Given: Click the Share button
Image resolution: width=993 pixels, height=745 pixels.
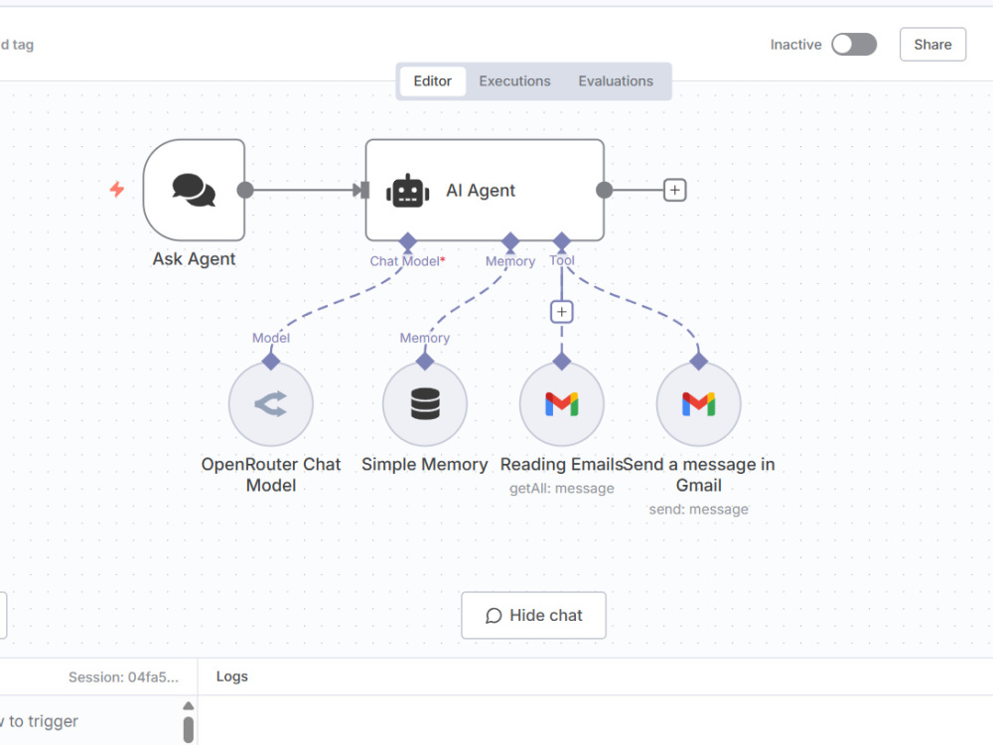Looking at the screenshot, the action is click(932, 45).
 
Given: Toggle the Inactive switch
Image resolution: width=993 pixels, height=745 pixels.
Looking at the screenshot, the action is click(854, 45).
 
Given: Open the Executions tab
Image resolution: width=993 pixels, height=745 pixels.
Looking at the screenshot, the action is click(514, 81).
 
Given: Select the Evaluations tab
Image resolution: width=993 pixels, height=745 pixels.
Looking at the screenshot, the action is click(616, 81).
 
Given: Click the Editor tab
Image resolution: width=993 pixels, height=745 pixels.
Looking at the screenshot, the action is click(433, 81).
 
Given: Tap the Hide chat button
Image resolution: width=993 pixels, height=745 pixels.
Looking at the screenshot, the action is click(533, 615).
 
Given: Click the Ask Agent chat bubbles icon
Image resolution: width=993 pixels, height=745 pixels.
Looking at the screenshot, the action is click(194, 190).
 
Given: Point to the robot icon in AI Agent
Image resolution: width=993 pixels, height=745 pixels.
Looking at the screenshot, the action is click(408, 191).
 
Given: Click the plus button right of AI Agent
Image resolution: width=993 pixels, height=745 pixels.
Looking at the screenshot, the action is click(674, 190).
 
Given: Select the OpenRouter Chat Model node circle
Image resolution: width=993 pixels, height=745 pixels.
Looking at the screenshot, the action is click(271, 404).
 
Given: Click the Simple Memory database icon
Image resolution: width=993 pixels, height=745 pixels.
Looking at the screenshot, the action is click(425, 403).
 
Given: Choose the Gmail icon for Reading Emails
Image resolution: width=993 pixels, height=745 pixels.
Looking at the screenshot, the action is click(562, 404).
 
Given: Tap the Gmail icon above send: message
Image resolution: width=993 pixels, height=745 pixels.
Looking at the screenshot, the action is click(698, 404).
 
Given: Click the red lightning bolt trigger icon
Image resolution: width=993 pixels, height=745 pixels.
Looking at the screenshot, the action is click(117, 190).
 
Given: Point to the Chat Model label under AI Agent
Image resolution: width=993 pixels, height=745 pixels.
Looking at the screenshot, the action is click(405, 261).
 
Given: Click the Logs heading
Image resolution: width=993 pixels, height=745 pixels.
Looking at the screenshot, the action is click(231, 676).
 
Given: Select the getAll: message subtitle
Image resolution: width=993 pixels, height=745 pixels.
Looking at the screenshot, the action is click(562, 489).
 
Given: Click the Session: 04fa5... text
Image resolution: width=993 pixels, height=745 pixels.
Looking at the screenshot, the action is click(123, 677).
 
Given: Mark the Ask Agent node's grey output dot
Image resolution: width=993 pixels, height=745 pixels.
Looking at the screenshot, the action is click(245, 190).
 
